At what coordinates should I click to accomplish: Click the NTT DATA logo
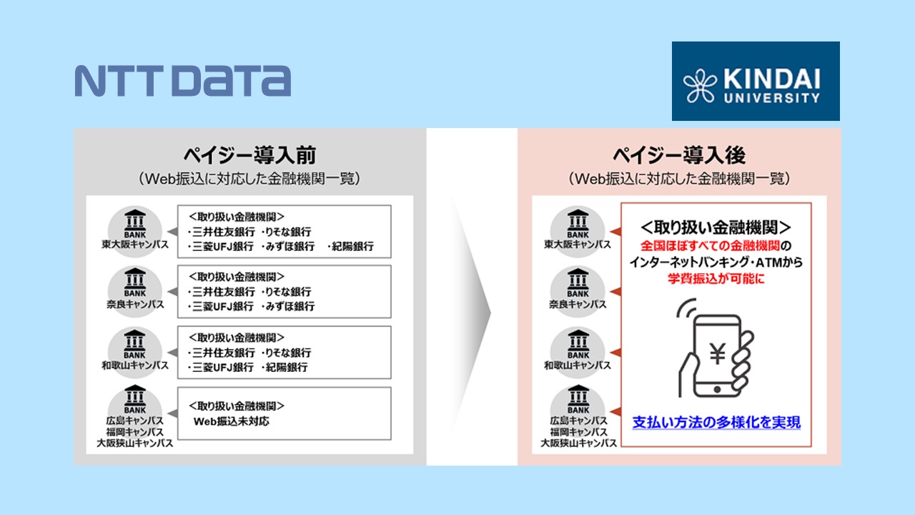click(x=182, y=81)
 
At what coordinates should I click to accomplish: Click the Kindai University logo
click(x=755, y=81)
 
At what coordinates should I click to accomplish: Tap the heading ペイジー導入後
click(x=679, y=155)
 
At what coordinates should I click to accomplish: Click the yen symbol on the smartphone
click(x=716, y=353)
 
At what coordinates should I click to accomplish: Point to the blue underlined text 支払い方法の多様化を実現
click(x=716, y=422)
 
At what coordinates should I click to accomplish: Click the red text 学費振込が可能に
click(x=716, y=279)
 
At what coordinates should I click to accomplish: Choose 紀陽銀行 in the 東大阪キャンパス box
click(x=350, y=247)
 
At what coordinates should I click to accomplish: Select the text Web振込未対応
click(x=232, y=421)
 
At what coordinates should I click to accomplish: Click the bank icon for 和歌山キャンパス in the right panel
click(x=578, y=342)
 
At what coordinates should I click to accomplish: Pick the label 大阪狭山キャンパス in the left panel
click(x=135, y=443)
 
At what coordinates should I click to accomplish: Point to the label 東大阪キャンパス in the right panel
click(x=578, y=245)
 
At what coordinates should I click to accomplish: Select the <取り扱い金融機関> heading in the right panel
click(x=716, y=227)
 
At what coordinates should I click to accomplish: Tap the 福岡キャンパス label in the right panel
click(x=578, y=432)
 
